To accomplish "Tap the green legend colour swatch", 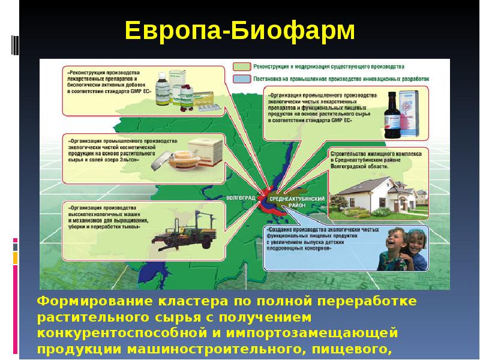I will (x=242, y=67).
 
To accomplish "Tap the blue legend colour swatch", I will (x=242, y=78).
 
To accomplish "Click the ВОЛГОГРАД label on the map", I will (x=242, y=197).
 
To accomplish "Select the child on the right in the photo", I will (x=416, y=249).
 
